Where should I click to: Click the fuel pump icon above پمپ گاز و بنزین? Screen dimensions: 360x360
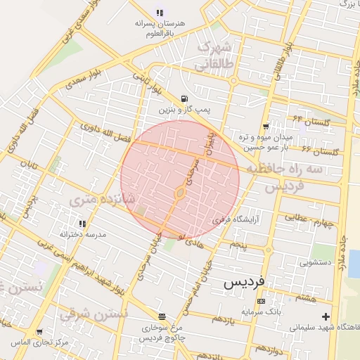click(x=184, y=98)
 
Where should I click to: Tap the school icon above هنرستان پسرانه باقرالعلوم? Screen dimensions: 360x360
click(x=160, y=12)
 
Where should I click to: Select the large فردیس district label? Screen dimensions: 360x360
click(x=244, y=281)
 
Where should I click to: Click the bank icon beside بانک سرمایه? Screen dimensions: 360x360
click(x=262, y=301)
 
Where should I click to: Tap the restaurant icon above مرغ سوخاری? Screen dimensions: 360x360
click(x=162, y=316)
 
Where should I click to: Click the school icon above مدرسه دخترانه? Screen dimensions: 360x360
click(x=83, y=224)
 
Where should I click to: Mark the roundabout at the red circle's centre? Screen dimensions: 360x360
click(x=180, y=191)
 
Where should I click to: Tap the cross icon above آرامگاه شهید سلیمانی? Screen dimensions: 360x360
click(x=325, y=317)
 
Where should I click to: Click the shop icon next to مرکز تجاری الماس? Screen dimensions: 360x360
click(x=39, y=331)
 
